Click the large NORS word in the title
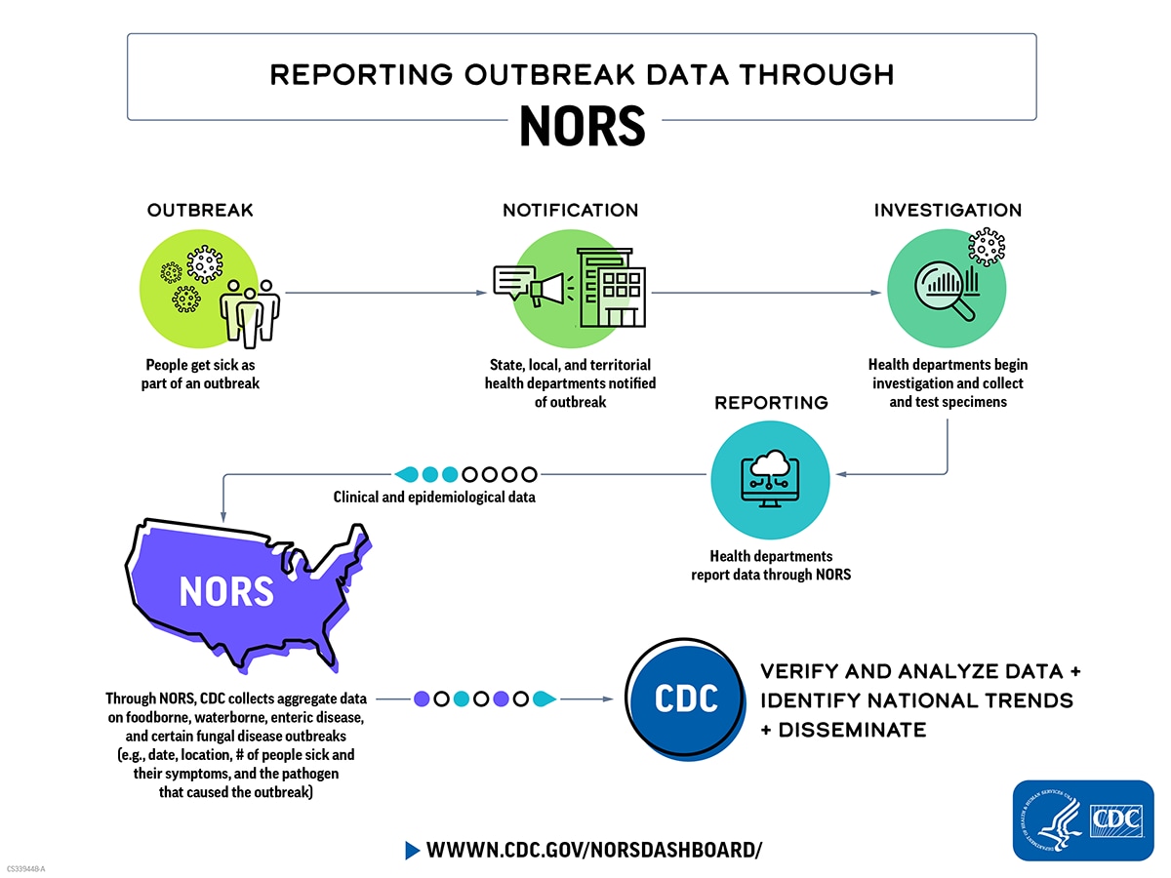pyautogui.click(x=582, y=125)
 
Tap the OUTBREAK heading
pyautogui.click(x=200, y=211)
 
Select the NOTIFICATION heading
pyautogui.click(x=570, y=211)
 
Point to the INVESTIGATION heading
pyautogui.click(x=948, y=211)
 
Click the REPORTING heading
pyautogui.click(x=771, y=403)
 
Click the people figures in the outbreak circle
pyautogui.click(x=250, y=310)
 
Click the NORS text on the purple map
pyautogui.click(x=225, y=591)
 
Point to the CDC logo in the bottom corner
pyautogui.click(x=1083, y=819)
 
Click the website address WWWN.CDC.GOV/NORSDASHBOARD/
pyautogui.click(x=593, y=850)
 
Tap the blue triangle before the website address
pyautogui.click(x=412, y=850)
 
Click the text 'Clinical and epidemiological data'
pyautogui.click(x=434, y=498)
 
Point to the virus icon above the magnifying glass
pyautogui.click(x=987, y=246)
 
